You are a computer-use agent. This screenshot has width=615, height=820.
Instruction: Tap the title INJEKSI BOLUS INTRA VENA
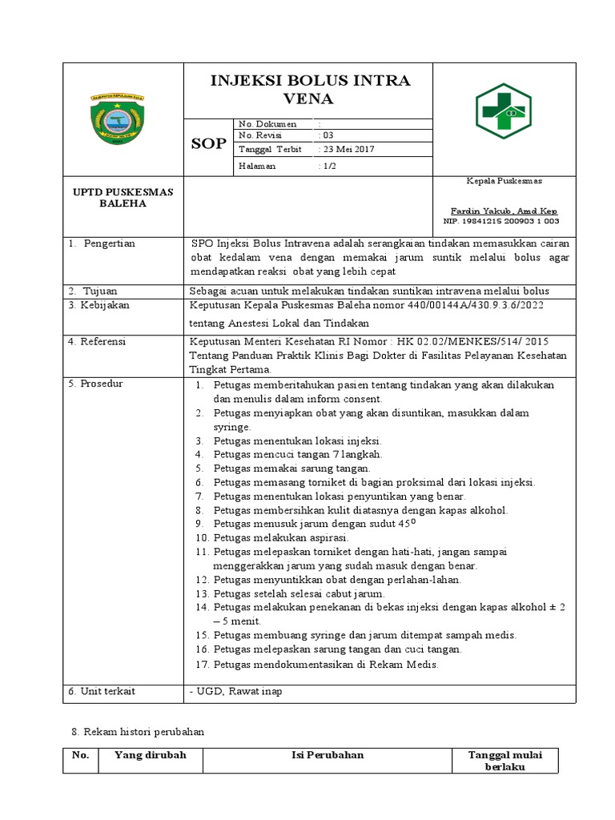click(309, 90)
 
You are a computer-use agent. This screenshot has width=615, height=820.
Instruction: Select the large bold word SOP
click(207, 143)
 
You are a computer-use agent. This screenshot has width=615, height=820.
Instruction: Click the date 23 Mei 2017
click(346, 150)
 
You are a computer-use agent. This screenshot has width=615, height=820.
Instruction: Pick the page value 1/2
click(328, 166)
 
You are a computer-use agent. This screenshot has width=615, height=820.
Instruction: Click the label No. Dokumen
click(267, 124)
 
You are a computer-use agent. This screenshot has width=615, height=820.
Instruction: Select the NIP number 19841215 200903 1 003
click(501, 221)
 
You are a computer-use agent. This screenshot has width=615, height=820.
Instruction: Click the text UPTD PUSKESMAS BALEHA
click(123, 198)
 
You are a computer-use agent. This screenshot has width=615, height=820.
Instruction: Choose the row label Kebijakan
click(103, 306)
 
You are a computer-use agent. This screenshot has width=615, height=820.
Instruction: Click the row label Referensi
click(102, 341)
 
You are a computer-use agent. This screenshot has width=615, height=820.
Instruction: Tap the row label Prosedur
click(100, 384)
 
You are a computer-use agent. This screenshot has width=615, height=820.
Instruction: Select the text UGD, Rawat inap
click(235, 691)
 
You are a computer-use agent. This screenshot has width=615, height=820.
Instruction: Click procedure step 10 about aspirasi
click(271, 537)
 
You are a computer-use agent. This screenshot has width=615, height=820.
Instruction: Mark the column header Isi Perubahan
click(327, 754)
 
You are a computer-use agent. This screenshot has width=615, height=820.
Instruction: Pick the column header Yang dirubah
click(151, 754)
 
